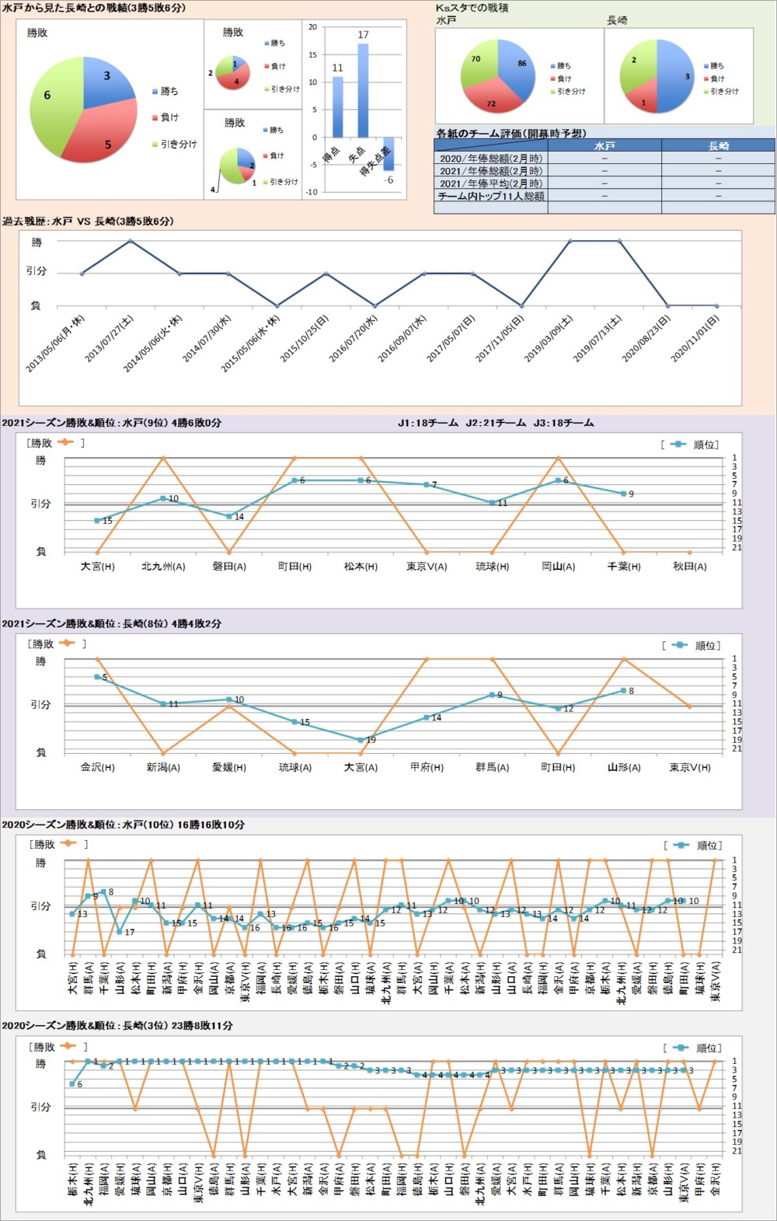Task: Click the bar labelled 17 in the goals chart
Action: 363,90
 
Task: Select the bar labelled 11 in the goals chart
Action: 337,106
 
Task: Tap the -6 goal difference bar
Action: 388,154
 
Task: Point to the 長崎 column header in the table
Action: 718,145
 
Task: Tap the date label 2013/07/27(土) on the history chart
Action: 110,338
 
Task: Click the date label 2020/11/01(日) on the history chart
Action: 695,338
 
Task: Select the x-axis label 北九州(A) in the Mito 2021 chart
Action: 163,567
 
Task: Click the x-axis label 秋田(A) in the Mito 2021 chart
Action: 689,567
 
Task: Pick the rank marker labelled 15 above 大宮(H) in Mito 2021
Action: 97,521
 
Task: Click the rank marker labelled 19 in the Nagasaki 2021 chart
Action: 361,740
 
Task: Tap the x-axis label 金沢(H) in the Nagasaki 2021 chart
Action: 97,767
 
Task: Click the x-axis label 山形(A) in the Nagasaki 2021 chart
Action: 624,767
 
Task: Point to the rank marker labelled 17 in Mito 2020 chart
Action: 120,931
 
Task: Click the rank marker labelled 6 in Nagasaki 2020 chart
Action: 72,1083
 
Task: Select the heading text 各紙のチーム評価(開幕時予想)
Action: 510,134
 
